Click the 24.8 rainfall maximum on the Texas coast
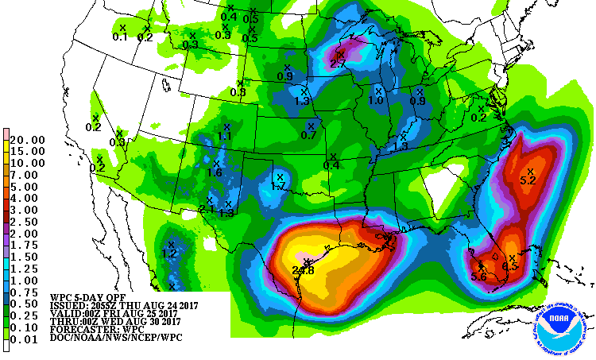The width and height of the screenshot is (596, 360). pos(303,270)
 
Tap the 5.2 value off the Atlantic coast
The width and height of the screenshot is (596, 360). pos(528,180)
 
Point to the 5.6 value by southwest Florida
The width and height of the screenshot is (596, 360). pos(478,276)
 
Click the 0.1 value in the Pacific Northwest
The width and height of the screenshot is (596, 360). pos(120,37)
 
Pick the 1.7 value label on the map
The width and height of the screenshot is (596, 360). pos(278,186)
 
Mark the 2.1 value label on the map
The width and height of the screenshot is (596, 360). pos(207,209)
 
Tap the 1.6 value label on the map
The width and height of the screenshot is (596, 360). pos(215,172)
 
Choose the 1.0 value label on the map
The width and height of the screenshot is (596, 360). pos(376,101)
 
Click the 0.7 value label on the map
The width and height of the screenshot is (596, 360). pos(309,135)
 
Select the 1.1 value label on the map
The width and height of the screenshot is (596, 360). pos(225,136)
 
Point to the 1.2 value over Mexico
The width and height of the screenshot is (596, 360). pos(169,254)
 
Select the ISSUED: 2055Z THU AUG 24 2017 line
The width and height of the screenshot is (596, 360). pos(123,304)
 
